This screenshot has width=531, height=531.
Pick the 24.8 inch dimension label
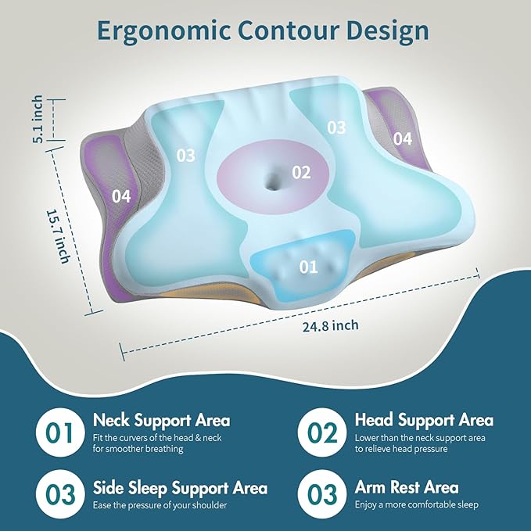pyautogui.click(x=332, y=326)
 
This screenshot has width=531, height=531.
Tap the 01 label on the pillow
pyautogui.click(x=309, y=267)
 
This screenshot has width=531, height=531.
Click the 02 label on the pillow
pyautogui.click(x=302, y=172)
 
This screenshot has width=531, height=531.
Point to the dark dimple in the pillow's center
pyautogui.click(x=273, y=181)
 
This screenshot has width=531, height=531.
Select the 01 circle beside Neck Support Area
pyautogui.click(x=59, y=432)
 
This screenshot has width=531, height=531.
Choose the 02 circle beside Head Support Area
pyautogui.click(x=321, y=432)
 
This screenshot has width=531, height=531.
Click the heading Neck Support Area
pyautogui.click(x=161, y=421)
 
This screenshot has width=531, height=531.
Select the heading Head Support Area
pyautogui.click(x=424, y=421)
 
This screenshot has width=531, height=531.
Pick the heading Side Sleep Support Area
pyautogui.click(x=180, y=488)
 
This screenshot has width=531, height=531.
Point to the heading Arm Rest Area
pyautogui.click(x=407, y=488)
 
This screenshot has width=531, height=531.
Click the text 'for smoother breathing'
pyautogui.click(x=138, y=449)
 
